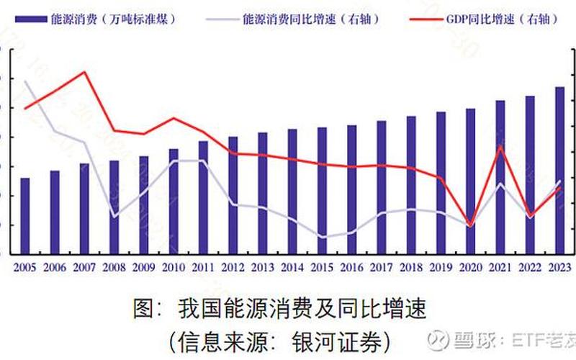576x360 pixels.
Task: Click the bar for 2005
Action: [x=25, y=216]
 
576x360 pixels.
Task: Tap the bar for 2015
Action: [x=322, y=191]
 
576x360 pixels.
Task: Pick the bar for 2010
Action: [x=174, y=202]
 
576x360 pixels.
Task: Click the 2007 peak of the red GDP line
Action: [x=85, y=72]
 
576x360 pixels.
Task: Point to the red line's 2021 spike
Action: [x=500, y=146]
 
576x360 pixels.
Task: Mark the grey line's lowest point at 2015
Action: [x=322, y=237]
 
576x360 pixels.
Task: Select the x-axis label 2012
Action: [x=233, y=266]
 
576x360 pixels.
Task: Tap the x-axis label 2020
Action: [x=470, y=266]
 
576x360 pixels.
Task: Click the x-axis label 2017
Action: [x=381, y=266]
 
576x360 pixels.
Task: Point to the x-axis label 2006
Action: [x=55, y=266]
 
